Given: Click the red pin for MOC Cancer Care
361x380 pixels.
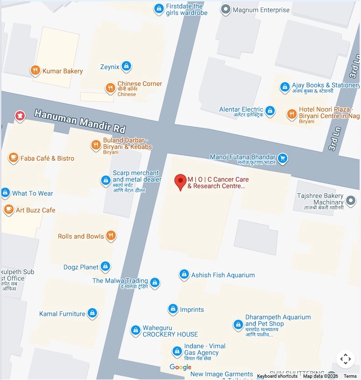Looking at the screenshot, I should (x=180, y=182).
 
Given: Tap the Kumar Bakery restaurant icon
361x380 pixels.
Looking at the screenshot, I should (x=35, y=70).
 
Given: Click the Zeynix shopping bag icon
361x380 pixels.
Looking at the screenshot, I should (x=126, y=67).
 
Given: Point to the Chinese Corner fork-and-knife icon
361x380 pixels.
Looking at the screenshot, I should (x=110, y=87).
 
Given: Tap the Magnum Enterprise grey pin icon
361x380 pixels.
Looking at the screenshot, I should (x=226, y=9).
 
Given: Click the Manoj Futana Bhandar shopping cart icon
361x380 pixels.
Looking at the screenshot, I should (x=282, y=159).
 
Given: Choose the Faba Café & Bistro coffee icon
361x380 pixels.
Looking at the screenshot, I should (x=13, y=158).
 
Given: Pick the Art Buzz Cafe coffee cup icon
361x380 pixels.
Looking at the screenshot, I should (x=8, y=210).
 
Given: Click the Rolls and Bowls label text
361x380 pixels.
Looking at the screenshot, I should (x=81, y=236).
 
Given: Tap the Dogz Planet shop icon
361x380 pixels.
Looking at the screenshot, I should (x=106, y=267).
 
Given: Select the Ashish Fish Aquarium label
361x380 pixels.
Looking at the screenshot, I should (x=223, y=275).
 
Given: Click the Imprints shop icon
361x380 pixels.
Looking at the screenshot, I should (x=173, y=309).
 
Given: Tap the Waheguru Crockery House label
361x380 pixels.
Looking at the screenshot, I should (x=170, y=331).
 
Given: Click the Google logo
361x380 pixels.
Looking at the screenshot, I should (x=180, y=367).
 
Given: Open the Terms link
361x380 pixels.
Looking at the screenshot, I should (x=350, y=376).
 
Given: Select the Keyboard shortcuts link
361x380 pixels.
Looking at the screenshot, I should (x=277, y=376).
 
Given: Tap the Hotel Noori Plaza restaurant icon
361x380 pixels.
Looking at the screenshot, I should (x=292, y=113).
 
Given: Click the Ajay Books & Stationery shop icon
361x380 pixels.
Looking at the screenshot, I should (x=285, y=87).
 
